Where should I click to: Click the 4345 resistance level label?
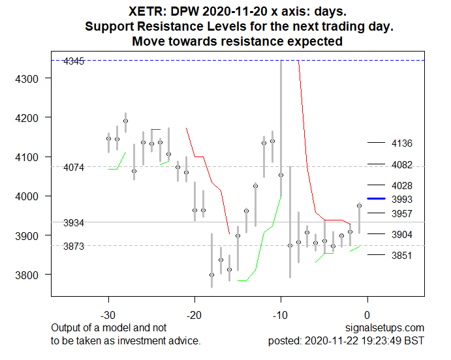click(74, 61)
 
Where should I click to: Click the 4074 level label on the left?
click(74, 168)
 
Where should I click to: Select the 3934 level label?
click(74, 223)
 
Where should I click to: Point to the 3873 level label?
click(74, 247)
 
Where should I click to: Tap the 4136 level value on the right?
click(401, 143)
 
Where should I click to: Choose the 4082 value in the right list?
click(401, 165)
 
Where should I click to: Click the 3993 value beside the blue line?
click(401, 199)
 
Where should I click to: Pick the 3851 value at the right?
click(401, 256)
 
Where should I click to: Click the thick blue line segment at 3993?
click(377, 198)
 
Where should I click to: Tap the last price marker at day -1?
click(359, 205)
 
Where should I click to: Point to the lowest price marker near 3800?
click(211, 275)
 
